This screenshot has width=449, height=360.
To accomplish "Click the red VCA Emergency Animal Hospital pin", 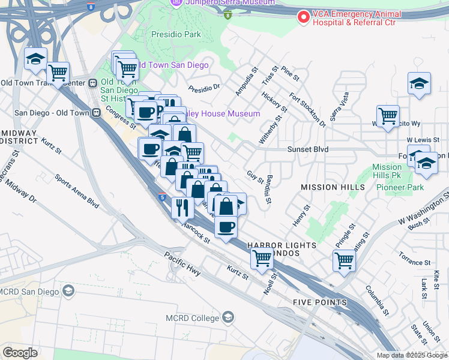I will pyautogui.click(x=304, y=17).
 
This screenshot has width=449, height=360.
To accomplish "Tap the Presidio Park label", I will pyautogui.click(x=176, y=34).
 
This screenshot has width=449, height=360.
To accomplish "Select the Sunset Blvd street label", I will pyautogui.click(x=307, y=149).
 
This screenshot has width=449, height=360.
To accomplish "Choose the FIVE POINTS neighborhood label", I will pyautogui.click(x=319, y=302).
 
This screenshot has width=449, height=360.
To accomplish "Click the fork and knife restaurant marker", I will pyautogui.click(x=182, y=208).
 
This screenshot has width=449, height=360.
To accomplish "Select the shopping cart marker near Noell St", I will pyautogui.click(x=262, y=258).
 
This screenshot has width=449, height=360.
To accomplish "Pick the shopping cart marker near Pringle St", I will pyautogui.click(x=344, y=260).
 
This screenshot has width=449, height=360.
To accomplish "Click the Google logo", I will pyautogui.click(x=20, y=353).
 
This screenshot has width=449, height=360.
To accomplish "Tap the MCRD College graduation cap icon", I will pyautogui.click(x=228, y=316).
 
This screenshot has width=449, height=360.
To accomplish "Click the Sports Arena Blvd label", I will pyautogui.click(x=76, y=191).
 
